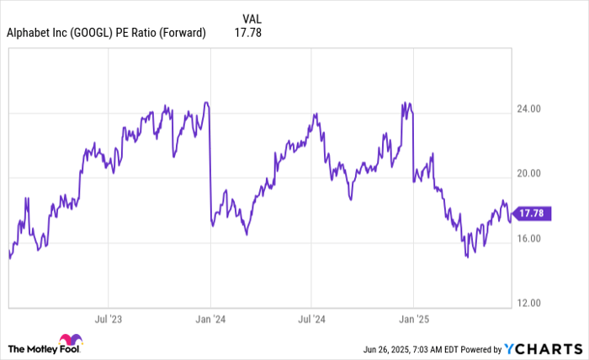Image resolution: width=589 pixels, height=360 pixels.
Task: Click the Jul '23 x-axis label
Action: coord(109,320)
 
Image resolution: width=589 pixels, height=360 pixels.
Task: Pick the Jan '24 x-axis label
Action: coord(210,320)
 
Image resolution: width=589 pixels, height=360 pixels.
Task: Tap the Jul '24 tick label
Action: coord(312,320)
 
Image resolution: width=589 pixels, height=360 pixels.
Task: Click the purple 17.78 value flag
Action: coord(533,214)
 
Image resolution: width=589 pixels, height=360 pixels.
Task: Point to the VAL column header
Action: coord(252,17)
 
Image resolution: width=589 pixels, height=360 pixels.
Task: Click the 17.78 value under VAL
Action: coord(252,34)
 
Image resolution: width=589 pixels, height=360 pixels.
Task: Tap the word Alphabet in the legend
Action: coord(29,34)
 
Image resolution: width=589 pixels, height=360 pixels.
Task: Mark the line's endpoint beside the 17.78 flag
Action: coord(511,221)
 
